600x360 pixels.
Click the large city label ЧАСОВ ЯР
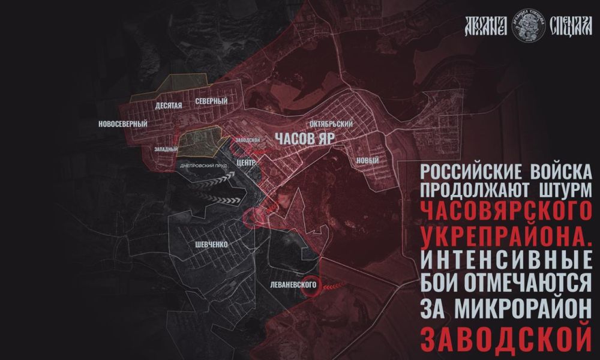click(x=305, y=138)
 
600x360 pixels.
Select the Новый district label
click(x=367, y=160)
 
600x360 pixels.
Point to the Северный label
click(x=211, y=102)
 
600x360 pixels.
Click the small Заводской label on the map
click(x=247, y=139)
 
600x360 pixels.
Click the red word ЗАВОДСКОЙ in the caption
click(x=505, y=338)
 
